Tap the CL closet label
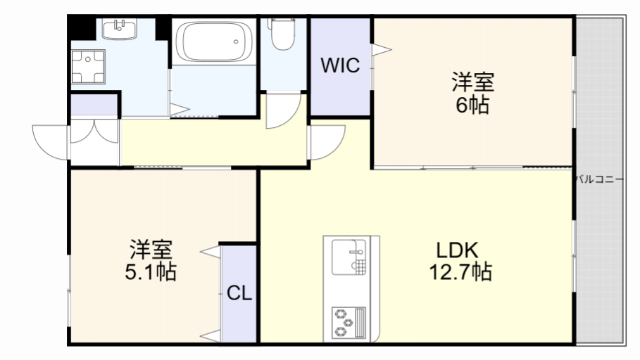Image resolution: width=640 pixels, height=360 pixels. click(238, 293)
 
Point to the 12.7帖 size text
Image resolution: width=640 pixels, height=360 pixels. click(459, 271)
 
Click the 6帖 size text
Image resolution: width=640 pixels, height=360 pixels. click(472, 104)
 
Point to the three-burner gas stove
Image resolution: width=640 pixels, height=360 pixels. click(348, 321)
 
